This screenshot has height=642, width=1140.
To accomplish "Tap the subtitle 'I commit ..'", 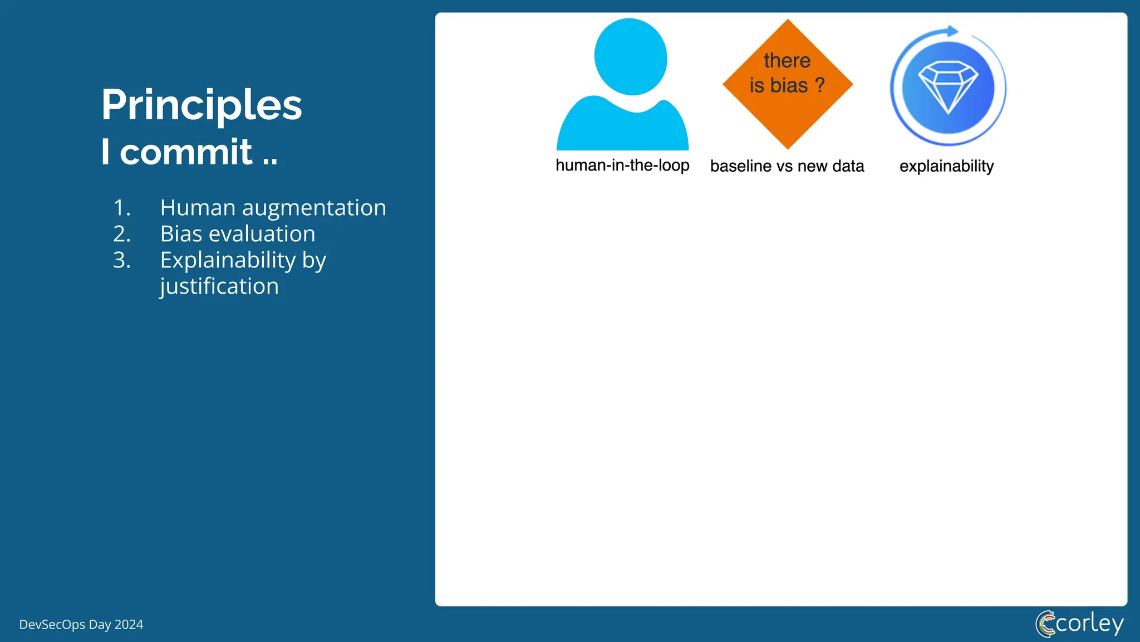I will pyautogui.click(x=189, y=152).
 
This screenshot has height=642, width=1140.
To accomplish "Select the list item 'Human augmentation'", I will pyautogui.click(x=273, y=208).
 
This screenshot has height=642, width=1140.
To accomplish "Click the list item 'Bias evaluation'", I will pyautogui.click(x=238, y=234).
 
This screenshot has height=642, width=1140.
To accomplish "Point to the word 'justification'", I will pyautogui.click(x=219, y=286).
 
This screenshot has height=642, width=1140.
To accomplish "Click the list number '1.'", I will pyautogui.click(x=122, y=208).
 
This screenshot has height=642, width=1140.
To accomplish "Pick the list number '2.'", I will pyautogui.click(x=122, y=234).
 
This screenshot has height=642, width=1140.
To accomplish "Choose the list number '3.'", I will pyautogui.click(x=122, y=260).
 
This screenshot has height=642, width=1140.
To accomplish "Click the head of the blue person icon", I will pyautogui.click(x=630, y=57).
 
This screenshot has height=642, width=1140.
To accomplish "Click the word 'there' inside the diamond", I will pyautogui.click(x=787, y=60).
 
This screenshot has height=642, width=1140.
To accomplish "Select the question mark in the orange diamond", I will pyautogui.click(x=819, y=85).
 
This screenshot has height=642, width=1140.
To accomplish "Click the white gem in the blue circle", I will pyautogui.click(x=947, y=86).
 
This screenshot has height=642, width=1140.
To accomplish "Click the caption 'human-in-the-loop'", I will pyautogui.click(x=622, y=166).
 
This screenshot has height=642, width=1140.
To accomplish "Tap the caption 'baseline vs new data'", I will pyautogui.click(x=787, y=166).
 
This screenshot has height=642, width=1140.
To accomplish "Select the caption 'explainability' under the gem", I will pyautogui.click(x=946, y=166).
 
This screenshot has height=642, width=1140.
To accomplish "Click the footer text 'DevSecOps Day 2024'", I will pyautogui.click(x=81, y=625).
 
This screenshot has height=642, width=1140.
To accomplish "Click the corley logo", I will pyautogui.click(x=1079, y=624).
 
